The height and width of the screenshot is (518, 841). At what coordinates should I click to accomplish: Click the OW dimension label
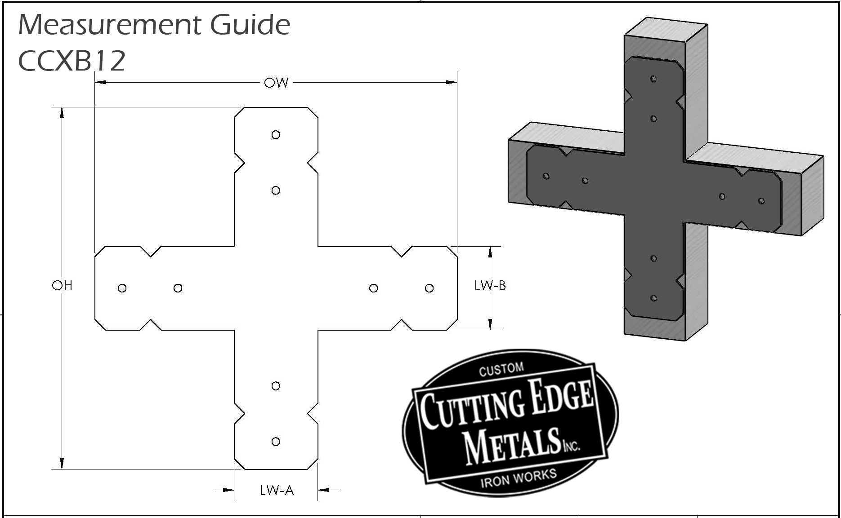[x=276, y=83]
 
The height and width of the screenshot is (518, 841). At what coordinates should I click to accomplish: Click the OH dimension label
[x=62, y=285]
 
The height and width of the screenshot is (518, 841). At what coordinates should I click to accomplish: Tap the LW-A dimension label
[x=277, y=490]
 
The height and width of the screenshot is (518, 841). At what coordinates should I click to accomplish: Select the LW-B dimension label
[x=490, y=285]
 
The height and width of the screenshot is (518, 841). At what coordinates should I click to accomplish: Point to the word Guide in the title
[x=251, y=25]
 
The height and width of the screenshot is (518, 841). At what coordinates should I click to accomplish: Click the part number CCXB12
[x=72, y=61]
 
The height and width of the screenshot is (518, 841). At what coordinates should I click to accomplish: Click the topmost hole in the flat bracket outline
[x=276, y=135]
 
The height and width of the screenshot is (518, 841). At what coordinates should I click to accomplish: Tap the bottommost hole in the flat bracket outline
[x=276, y=442]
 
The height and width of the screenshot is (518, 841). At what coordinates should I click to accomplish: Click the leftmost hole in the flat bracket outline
[x=122, y=288]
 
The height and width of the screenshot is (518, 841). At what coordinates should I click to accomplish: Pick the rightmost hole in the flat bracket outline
[x=429, y=288]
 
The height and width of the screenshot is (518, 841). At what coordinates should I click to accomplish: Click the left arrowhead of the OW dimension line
[x=100, y=83]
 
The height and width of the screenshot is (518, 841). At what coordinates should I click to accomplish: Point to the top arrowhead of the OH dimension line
[x=62, y=113]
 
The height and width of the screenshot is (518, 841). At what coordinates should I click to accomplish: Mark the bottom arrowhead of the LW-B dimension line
[x=490, y=324]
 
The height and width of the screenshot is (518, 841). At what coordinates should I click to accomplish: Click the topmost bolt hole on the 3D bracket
[x=653, y=79]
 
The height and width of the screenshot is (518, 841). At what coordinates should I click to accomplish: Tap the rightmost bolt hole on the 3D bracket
[x=761, y=201]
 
